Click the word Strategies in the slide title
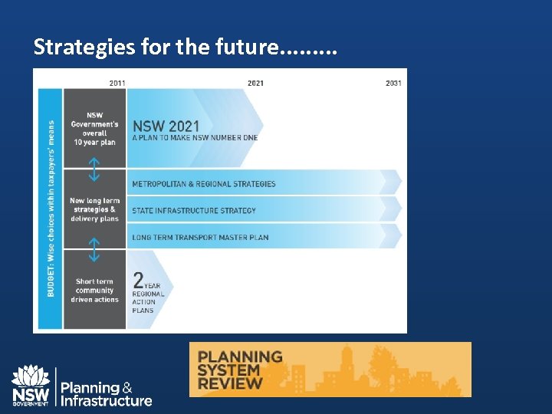(81, 48)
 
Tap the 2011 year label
(117, 83)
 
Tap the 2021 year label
(255, 83)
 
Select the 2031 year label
(393, 83)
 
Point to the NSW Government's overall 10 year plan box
(94, 129)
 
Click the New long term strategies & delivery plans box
(94, 209)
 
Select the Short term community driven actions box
(94, 291)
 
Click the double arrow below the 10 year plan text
(94, 169)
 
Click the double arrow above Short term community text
(94, 249)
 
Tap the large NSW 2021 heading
(166, 126)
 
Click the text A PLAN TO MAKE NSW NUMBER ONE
(195, 138)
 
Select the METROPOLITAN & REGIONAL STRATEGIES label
(204, 184)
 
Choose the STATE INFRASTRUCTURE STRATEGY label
(194, 211)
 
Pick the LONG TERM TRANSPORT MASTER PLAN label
(200, 238)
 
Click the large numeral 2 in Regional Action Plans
(140, 281)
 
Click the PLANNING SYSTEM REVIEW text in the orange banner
(239, 370)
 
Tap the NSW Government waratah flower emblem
(31, 376)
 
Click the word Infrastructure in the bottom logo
(106, 401)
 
